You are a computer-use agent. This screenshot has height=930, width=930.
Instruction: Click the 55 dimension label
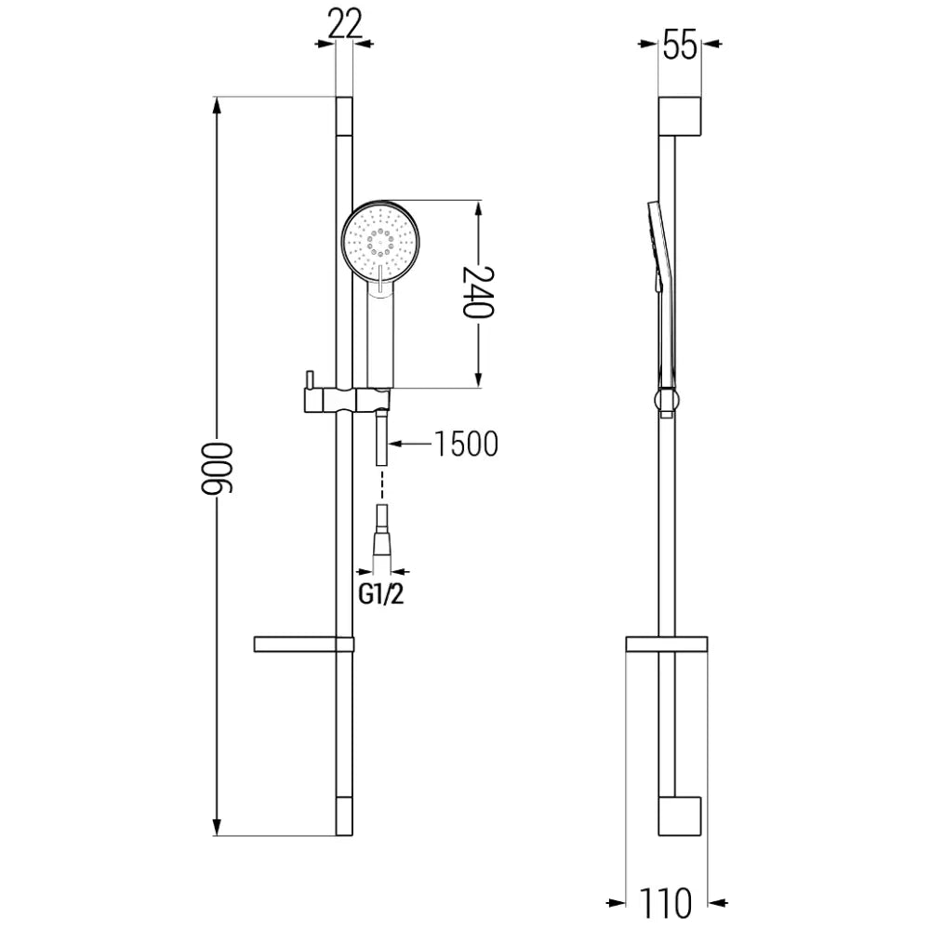coord(680,43)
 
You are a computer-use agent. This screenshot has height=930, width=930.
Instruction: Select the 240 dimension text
coord(478,293)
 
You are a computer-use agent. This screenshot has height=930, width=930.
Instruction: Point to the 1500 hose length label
coord(464,445)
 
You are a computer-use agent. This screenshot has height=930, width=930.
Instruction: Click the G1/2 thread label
coord(381,596)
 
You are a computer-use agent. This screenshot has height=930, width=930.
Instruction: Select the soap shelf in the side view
coord(667,644)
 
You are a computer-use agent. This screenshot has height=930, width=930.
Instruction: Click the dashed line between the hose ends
coord(381,486)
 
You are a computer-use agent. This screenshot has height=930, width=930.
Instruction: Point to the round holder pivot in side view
coord(666,402)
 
